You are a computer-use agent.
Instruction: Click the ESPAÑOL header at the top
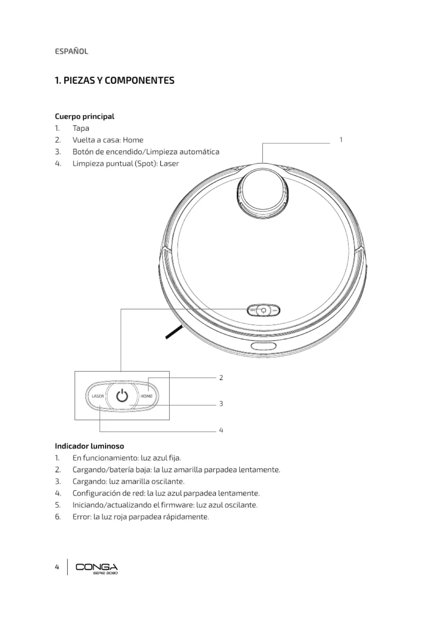coord(71,52)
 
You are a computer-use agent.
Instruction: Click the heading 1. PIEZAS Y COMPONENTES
coord(115,80)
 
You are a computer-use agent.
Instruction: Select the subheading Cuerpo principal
coord(85,116)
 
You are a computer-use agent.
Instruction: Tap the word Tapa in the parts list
coord(81,128)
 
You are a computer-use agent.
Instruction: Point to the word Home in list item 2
coord(133,140)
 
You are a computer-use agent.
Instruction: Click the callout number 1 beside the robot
coord(341,140)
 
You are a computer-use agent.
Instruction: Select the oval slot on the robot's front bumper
coord(264,346)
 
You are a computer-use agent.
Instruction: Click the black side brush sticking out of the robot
coord(174,332)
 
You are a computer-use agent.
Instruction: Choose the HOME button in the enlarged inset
coord(147,396)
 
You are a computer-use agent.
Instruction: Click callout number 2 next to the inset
coord(221,378)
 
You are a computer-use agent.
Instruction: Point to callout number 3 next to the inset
coord(221,404)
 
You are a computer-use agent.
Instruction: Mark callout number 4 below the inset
coord(221,430)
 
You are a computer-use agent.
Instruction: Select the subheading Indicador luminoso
coord(89,446)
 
